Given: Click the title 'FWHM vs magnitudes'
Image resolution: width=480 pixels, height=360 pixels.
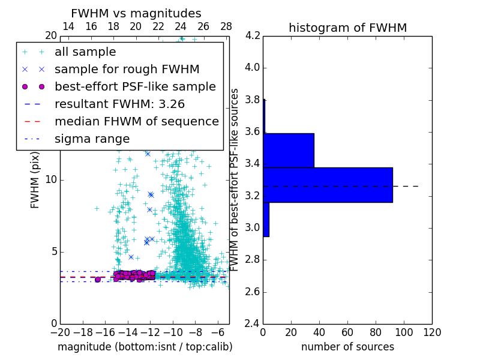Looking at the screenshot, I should click(x=136, y=14).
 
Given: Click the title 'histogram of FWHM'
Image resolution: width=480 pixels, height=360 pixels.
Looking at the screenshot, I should click(x=347, y=28).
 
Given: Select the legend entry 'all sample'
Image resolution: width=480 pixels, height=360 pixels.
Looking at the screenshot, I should click(x=85, y=52).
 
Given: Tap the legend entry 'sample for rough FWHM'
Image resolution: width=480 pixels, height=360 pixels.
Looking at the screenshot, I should click(x=127, y=70).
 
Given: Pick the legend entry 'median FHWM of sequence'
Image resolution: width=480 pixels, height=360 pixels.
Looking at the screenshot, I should click(x=136, y=122).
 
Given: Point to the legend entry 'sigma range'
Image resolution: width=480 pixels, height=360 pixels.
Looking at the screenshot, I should click(x=92, y=139).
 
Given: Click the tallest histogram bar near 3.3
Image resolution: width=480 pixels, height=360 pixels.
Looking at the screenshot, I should click(x=328, y=185).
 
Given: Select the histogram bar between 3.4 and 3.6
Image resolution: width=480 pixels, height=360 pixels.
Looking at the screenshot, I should click(x=289, y=150).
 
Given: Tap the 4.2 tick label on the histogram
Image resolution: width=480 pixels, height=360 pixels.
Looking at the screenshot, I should click(x=252, y=35).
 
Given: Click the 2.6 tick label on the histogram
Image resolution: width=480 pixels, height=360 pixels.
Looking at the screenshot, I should click(x=252, y=292).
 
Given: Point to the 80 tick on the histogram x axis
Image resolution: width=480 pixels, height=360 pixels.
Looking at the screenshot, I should click(x=376, y=332).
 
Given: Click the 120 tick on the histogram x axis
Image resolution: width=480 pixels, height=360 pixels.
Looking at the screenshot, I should click(x=432, y=332).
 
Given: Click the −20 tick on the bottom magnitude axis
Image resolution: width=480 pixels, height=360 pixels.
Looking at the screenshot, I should click(x=59, y=332).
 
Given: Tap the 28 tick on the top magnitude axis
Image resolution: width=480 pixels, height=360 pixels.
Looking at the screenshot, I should click(x=226, y=26).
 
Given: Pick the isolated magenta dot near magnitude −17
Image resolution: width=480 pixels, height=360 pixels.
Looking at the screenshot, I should click(x=98, y=280).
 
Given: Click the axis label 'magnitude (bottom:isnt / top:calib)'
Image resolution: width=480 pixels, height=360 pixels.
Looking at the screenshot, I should click(x=145, y=347).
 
